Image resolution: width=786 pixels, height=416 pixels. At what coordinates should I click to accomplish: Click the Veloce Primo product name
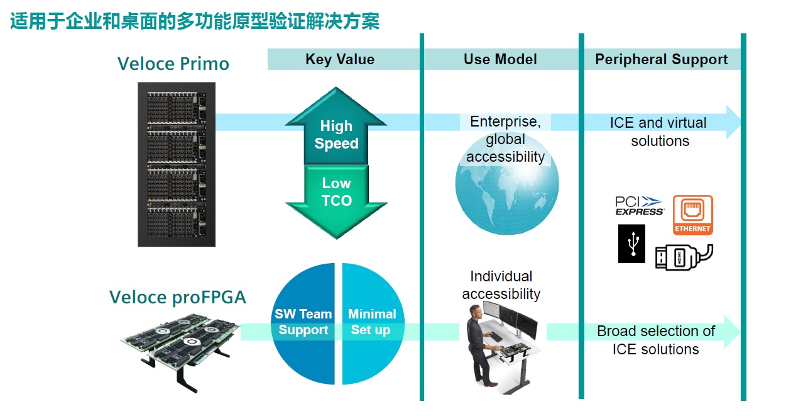[173, 64]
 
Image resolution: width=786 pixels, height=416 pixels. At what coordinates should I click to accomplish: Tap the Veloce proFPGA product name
[178, 297]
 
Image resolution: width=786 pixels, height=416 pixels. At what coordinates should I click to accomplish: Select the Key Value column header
[340, 59]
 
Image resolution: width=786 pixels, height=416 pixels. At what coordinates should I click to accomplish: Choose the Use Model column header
[500, 59]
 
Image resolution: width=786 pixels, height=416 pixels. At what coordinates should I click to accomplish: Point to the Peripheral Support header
[662, 59]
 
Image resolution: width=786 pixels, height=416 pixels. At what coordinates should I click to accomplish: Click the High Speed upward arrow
[336, 126]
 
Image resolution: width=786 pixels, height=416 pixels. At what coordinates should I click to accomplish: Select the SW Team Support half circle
[303, 323]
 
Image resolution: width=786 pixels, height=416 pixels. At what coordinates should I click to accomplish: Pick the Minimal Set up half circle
[373, 323]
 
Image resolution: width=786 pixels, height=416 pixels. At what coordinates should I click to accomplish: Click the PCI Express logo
[640, 206]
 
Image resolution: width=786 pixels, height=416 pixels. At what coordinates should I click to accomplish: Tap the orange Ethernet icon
[692, 215]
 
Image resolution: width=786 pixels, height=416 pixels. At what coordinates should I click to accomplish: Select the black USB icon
[631, 244]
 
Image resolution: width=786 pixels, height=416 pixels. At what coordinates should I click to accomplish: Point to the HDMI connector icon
[684, 257]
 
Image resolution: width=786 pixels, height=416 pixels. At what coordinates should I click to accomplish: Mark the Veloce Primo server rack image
[177, 164]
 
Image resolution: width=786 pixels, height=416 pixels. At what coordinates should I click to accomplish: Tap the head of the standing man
[475, 312]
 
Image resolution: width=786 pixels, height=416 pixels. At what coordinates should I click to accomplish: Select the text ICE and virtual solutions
[659, 132]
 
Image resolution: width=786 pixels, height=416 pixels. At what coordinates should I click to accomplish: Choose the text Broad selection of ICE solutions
[656, 340]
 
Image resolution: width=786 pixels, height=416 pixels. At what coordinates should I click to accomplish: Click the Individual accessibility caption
[501, 285]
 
